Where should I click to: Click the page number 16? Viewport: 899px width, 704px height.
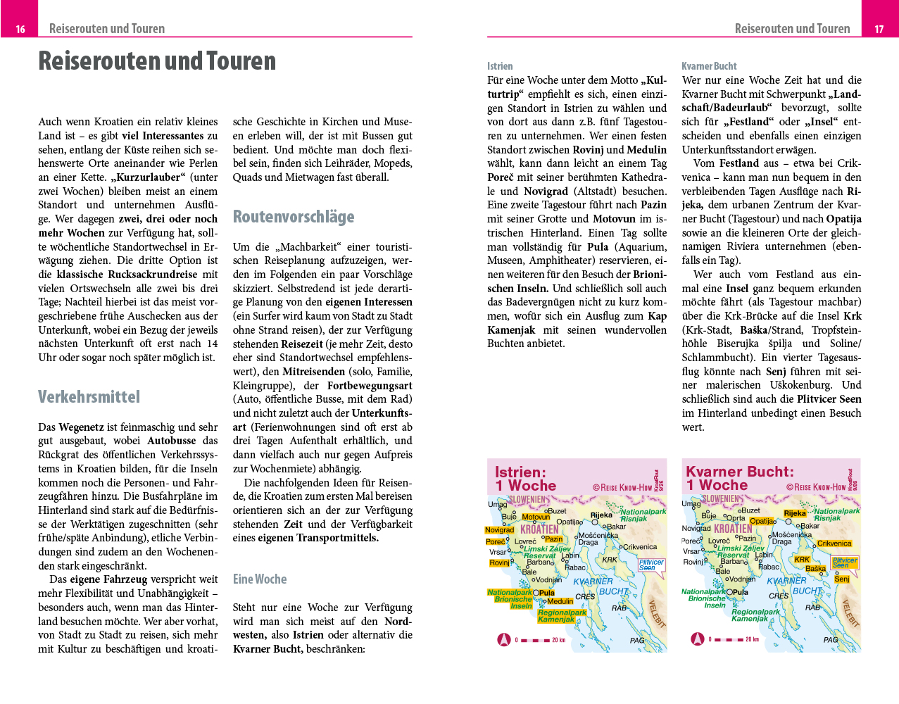[x=20, y=29]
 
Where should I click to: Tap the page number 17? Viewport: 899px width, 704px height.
[x=879, y=29]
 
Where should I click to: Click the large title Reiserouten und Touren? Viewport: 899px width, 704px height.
[x=157, y=61]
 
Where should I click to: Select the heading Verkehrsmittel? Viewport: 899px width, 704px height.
[x=89, y=397]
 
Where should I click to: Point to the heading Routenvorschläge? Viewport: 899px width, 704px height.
[x=294, y=217]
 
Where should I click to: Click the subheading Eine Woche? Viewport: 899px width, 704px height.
[x=260, y=579]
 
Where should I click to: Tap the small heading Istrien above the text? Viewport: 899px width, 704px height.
[x=500, y=66]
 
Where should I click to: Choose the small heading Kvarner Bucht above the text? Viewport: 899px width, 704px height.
[x=709, y=66]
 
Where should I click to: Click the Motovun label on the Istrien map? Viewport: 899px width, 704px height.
[x=536, y=517]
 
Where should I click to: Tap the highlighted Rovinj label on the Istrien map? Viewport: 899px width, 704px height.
[x=499, y=562]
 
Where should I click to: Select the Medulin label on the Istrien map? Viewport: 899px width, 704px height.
[x=560, y=601]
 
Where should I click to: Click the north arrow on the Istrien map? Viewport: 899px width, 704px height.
[x=503, y=640]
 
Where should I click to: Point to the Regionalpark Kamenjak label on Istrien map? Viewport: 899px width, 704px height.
[x=562, y=616]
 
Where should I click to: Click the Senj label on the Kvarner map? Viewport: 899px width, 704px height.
[x=842, y=579]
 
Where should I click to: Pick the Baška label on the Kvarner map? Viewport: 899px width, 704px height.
[x=815, y=569]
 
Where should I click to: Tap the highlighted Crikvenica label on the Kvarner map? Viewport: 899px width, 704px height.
[x=834, y=543]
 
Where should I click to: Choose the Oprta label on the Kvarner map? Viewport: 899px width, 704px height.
[x=735, y=518]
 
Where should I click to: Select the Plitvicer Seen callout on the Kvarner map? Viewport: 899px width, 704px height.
[x=845, y=562]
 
